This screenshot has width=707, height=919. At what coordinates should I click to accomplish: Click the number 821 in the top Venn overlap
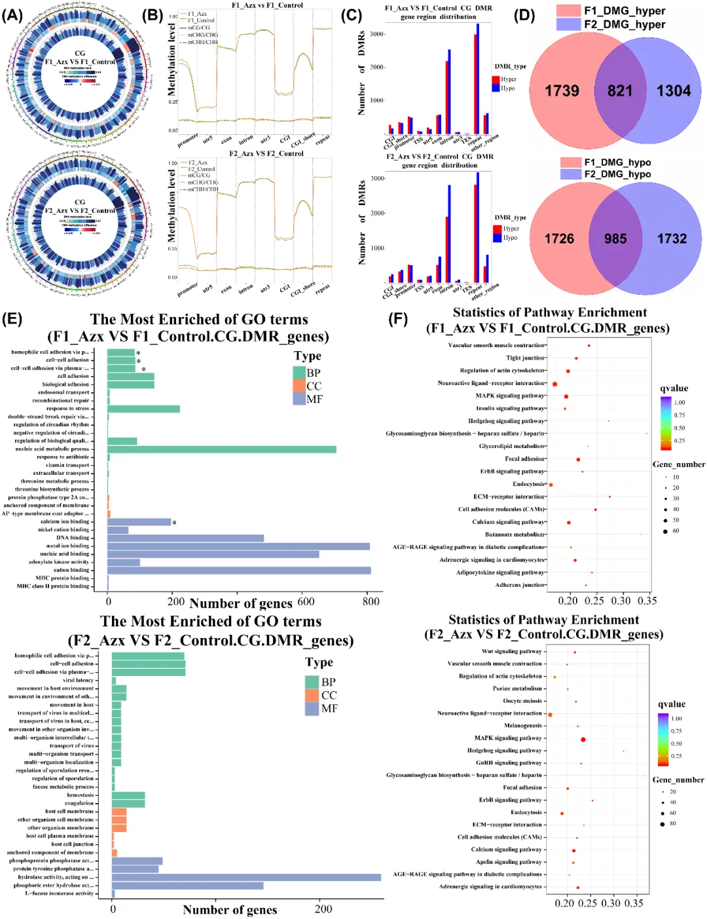click(619, 91)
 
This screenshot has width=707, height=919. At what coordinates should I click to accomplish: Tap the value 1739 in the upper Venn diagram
click(562, 91)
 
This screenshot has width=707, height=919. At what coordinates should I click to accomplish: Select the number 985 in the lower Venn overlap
click(615, 239)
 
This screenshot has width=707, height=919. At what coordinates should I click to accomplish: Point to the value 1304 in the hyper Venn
click(674, 91)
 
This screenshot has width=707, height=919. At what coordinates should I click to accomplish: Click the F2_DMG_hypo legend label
click(617, 174)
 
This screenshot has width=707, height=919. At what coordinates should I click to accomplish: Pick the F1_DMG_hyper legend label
click(625, 11)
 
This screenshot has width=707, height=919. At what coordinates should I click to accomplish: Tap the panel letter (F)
click(398, 319)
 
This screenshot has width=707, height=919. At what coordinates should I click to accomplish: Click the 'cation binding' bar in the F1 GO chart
click(239, 571)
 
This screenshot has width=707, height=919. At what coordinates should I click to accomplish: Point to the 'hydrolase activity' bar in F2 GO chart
click(246, 877)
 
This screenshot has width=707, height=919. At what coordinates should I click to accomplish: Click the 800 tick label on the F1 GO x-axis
click(371, 601)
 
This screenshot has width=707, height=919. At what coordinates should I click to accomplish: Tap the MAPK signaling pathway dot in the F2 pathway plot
click(583, 739)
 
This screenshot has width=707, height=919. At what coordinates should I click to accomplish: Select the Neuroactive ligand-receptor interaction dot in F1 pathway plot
click(554, 384)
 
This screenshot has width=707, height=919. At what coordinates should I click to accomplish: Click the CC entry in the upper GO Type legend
click(314, 386)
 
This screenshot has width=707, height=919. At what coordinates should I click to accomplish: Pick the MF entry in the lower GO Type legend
click(329, 709)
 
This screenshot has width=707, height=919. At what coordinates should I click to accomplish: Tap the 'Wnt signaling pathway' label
click(511, 652)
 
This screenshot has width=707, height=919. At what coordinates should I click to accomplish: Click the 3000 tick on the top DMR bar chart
click(377, 34)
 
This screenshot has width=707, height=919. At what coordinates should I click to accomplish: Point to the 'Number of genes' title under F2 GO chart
click(230, 910)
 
